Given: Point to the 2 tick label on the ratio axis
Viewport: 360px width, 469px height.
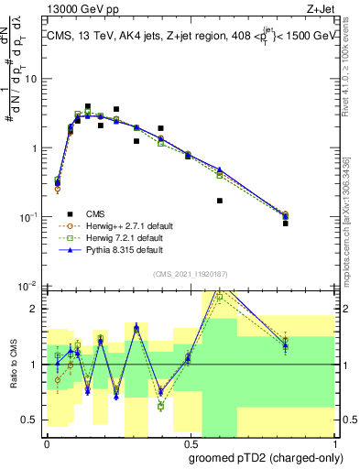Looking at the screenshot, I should click(35, 309).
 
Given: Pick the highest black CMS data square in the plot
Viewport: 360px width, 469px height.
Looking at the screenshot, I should click(88, 107).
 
